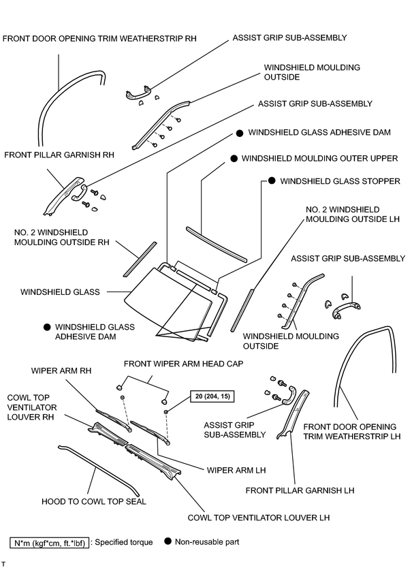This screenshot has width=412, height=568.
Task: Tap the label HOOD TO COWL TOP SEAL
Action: [x=94, y=502]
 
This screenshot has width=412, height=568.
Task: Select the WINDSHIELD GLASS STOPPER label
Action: [x=340, y=181]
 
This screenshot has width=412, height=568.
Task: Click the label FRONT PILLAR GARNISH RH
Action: [x=59, y=155]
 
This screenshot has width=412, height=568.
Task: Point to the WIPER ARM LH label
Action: [x=236, y=470]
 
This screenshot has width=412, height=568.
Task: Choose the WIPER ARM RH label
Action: [x=61, y=371]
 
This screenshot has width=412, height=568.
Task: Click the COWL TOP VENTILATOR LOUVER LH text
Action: [x=259, y=518]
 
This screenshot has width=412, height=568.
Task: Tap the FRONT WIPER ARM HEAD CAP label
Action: [x=183, y=364]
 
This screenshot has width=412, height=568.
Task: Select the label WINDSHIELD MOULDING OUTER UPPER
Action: [x=319, y=159]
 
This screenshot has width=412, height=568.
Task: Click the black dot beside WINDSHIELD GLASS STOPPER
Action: [x=272, y=180]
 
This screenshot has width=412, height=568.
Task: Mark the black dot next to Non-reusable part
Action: [x=168, y=541]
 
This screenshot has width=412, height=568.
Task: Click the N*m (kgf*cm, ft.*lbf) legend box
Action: [x=49, y=543]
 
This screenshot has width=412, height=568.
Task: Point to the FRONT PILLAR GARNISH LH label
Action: [x=300, y=490]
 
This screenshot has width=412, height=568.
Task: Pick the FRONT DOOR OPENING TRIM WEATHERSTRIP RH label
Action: [x=99, y=38]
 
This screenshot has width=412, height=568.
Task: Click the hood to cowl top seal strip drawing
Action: [x=98, y=471]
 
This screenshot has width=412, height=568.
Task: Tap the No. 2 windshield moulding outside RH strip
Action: [x=140, y=259]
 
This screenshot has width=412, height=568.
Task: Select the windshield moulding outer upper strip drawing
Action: [x=217, y=244]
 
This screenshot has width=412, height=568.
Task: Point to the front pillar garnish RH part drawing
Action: [x=64, y=195]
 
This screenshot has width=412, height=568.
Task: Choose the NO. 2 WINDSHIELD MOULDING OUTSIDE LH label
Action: [x=353, y=215]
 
